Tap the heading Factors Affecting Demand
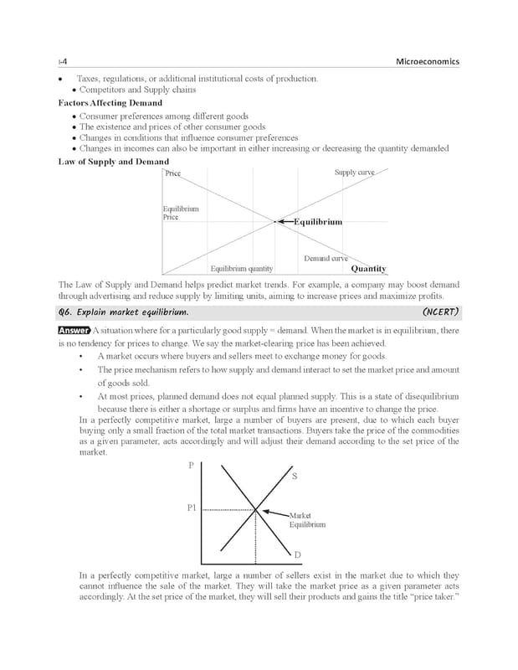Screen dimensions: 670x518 point(110,103)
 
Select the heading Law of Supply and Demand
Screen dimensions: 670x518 point(113,162)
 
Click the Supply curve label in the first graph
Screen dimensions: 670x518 point(355,173)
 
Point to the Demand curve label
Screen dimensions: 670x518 point(326,259)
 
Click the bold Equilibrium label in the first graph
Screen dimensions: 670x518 point(317,222)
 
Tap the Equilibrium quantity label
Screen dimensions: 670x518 point(241,269)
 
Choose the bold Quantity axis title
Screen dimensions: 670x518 point(368,269)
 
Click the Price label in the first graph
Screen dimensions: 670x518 point(172,173)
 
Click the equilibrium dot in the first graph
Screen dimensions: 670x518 point(274,222)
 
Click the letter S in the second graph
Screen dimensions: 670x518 point(295,477)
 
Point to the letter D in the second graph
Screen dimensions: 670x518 point(296,555)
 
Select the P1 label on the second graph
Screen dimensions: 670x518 point(192,508)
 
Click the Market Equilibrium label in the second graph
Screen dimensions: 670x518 point(307,519)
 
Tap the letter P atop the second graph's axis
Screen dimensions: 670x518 point(192,465)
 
